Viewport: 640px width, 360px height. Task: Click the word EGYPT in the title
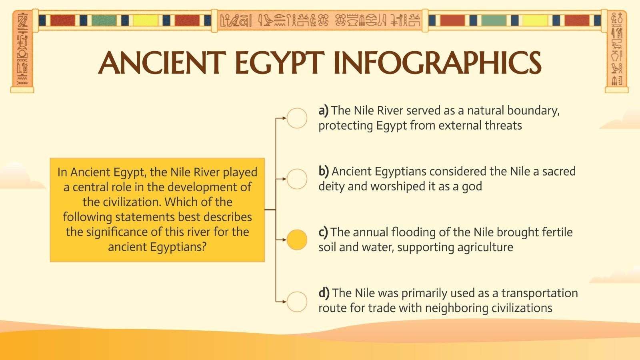pos(279,63)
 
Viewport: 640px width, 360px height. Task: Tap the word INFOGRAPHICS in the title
pos(437,63)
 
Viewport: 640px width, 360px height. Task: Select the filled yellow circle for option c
pos(297,240)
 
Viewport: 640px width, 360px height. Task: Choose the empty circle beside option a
pos(297,118)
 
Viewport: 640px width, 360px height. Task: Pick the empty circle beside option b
pos(297,179)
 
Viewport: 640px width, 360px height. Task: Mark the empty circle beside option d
pos(297,301)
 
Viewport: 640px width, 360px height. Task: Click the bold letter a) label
pos(323,110)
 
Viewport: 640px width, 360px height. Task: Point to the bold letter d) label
pos(324,293)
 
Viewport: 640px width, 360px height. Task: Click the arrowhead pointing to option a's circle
pos(284,118)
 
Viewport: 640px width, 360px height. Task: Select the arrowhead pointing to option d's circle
pos(284,301)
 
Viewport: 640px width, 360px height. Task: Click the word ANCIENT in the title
pos(162,63)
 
